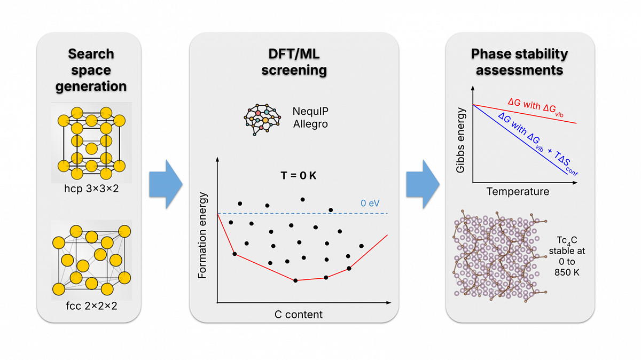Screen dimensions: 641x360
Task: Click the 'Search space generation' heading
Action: tap(91, 70)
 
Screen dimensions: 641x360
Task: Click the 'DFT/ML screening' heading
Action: tap(294, 62)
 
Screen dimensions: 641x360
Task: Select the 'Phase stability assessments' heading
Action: tap(519, 62)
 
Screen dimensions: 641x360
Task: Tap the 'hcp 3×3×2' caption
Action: tap(91, 189)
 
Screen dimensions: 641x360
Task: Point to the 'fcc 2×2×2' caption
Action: tap(91, 306)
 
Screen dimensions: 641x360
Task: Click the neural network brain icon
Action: tap(262, 119)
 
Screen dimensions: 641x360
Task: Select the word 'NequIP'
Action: tap(310, 111)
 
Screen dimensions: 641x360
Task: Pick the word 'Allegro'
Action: tap(310, 124)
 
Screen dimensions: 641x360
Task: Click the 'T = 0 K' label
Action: tap(299, 175)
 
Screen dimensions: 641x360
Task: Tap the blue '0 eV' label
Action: tap(370, 203)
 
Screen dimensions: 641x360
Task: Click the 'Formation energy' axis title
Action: tap(202, 235)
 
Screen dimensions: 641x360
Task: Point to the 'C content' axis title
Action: tap(299, 315)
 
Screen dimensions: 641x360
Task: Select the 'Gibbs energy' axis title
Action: tap(460, 140)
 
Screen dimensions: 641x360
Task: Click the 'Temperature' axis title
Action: tap(518, 191)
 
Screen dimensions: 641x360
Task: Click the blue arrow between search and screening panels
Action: tap(166, 184)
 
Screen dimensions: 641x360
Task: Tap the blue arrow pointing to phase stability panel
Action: tap(423, 184)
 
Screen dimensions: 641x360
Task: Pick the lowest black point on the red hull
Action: tap(295, 280)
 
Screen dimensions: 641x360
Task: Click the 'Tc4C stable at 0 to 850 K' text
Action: tap(567, 256)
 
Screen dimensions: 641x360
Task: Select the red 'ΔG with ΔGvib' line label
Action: tap(536, 107)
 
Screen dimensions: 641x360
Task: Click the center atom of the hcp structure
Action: tap(91, 148)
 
